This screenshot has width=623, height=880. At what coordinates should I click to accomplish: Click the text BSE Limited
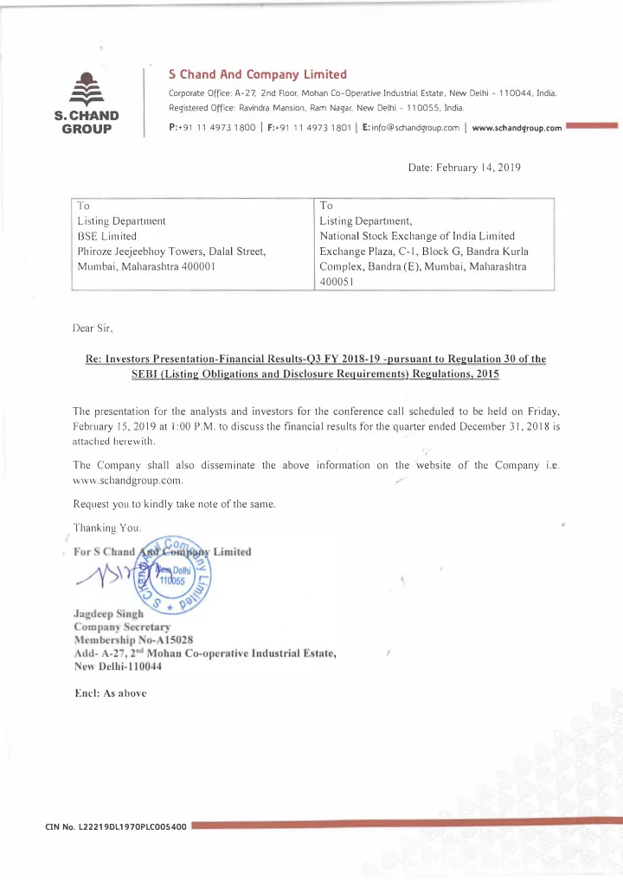click(x=106, y=236)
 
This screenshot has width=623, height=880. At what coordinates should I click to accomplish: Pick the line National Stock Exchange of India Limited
click(x=417, y=236)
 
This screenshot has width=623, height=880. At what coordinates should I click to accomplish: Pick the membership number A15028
click(x=154, y=641)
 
